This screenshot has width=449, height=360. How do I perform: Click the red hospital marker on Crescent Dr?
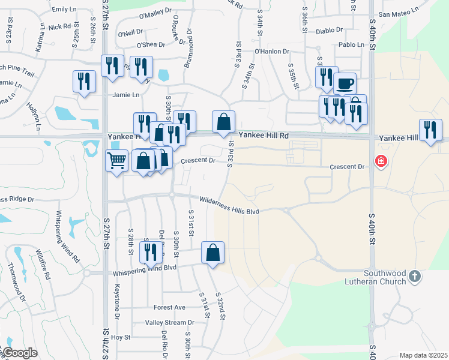pos(380,161)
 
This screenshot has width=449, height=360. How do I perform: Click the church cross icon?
pos(414,277)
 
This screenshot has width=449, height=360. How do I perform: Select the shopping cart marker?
pos(116,160)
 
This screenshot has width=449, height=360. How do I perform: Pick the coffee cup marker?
pos(345,83)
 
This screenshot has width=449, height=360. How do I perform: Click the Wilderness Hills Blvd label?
pos(229,205)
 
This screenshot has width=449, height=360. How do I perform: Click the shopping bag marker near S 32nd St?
pos(213,253)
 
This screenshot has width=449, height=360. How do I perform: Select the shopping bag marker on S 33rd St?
pos(223,122)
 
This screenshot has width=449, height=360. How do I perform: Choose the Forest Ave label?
pos(169,307)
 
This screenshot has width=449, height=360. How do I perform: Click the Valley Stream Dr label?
pos(166,322)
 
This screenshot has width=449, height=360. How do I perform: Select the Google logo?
pos(20,353)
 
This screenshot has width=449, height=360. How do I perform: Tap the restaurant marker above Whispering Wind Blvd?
pos(149,251)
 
